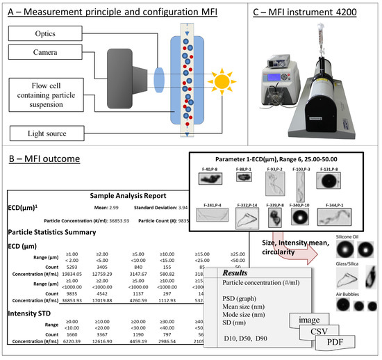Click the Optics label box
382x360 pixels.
click(35, 33)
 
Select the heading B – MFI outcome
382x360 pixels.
click(45, 158)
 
